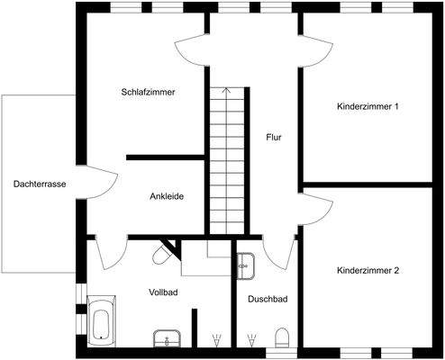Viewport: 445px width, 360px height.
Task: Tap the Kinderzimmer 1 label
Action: tap(368, 107)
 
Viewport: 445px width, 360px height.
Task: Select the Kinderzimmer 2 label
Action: tap(368, 270)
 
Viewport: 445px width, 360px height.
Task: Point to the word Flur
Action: tap(276, 138)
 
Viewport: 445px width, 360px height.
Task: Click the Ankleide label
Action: tap(167, 197)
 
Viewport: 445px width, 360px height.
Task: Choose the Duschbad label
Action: tap(268, 299)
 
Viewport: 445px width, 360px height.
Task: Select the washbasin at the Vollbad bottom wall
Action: tap(165, 339)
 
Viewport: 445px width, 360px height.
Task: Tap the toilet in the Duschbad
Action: tap(281, 338)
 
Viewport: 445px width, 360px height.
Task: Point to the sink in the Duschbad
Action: tap(244, 265)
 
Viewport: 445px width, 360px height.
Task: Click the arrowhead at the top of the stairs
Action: tap(225, 90)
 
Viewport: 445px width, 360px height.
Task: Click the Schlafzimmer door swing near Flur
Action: tap(191, 50)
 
